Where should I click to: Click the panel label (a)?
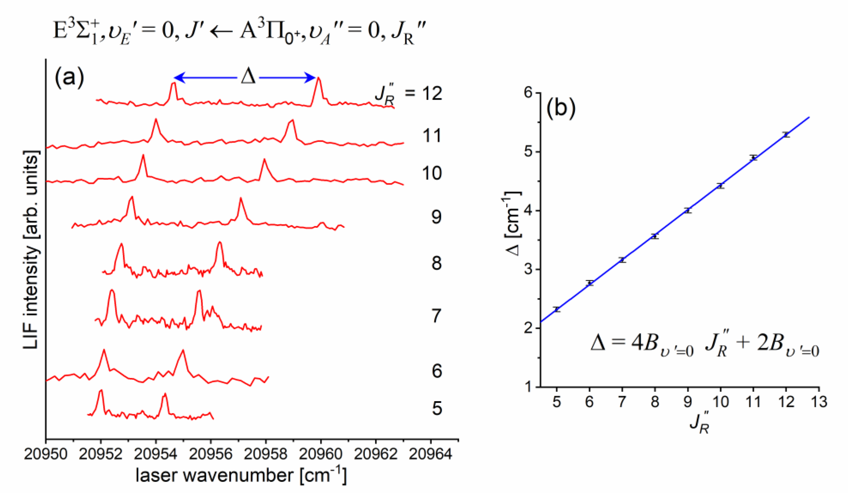coord(69,77)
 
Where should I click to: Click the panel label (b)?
coord(561,109)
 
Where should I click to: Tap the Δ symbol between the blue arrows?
coord(248,77)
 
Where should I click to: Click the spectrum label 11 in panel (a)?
coord(432,136)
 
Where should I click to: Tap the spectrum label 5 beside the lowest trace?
coord(437,409)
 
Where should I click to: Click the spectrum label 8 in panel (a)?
coord(436,263)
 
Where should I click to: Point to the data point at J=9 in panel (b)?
coord(688,210)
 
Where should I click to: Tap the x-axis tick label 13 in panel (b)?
coord(819,402)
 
